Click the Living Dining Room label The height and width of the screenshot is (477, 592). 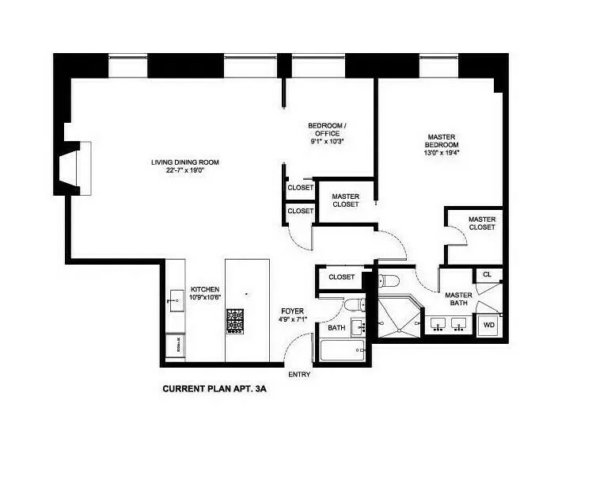pyautogui.click(x=185, y=162)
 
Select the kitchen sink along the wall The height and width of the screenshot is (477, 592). pyautogui.click(x=175, y=300)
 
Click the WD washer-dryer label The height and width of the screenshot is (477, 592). pyautogui.click(x=488, y=325)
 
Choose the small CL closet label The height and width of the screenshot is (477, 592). pyautogui.click(x=488, y=275)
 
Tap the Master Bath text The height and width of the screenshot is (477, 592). pyautogui.click(x=457, y=298)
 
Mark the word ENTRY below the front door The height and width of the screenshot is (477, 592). pyautogui.click(x=299, y=374)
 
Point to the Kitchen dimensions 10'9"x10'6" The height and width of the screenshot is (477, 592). pyautogui.click(x=205, y=297)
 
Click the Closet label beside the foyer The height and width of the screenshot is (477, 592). pyautogui.click(x=341, y=277)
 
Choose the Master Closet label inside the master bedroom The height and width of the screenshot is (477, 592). pyautogui.click(x=481, y=223)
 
